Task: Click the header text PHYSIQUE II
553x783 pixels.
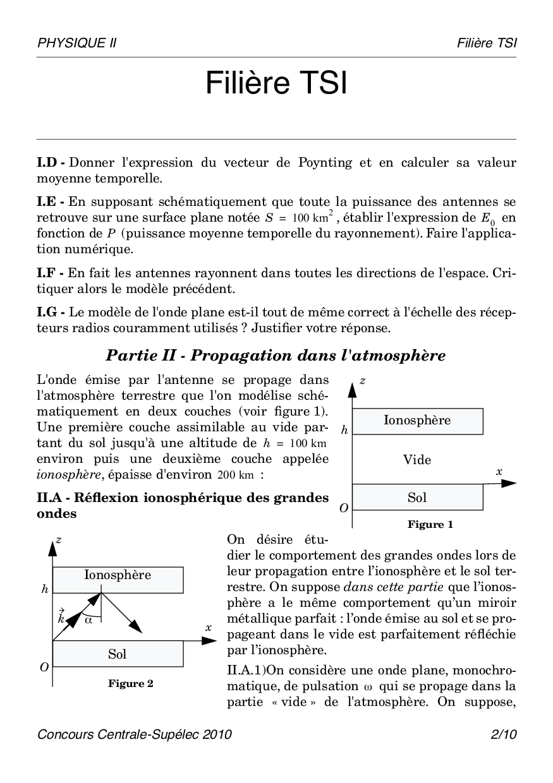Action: click(76, 43)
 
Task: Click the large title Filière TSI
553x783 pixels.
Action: click(276, 84)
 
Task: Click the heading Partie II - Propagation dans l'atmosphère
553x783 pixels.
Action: click(276, 356)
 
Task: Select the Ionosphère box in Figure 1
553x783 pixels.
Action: click(417, 421)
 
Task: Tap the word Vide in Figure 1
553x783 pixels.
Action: click(417, 460)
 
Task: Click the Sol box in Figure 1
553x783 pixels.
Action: click(417, 498)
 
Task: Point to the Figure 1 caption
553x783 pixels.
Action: click(430, 524)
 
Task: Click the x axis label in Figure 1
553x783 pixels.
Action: click(499, 472)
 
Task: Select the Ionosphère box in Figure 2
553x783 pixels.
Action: click(118, 575)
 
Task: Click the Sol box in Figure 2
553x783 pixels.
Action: click(118, 654)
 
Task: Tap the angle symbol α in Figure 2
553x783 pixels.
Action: click(88, 620)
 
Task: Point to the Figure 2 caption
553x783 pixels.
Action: click(130, 683)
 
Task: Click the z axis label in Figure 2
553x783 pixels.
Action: click(59, 539)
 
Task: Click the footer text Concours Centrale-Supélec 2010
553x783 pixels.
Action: click(135, 734)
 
